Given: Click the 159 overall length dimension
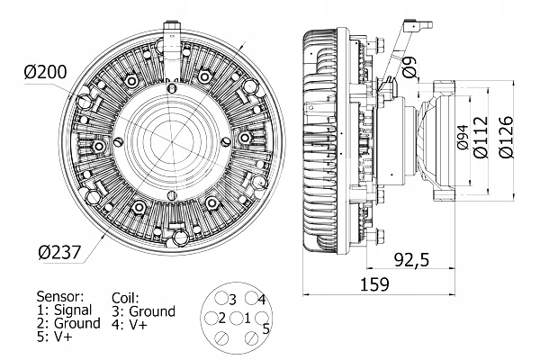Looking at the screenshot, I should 375,285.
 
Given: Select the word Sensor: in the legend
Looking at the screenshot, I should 59,295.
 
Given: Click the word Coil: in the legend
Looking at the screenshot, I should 125,297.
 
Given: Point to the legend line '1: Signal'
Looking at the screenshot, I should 64,309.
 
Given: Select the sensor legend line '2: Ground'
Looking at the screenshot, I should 67,322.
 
